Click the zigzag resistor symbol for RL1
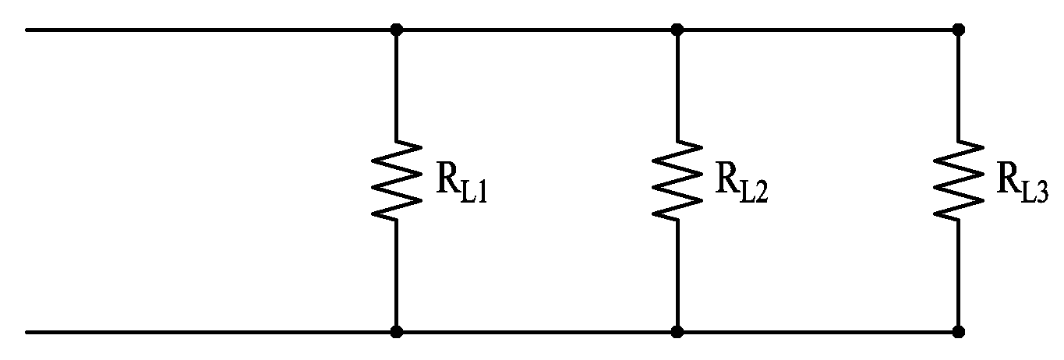click(397, 180)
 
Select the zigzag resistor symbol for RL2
click(677, 180)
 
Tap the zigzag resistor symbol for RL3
click(959, 180)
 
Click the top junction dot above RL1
click(397, 30)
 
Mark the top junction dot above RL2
click(677, 30)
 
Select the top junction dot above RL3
click(959, 30)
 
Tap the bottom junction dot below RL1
click(397, 331)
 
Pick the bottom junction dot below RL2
click(677, 331)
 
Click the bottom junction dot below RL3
click(959, 331)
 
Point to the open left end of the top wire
click(27, 30)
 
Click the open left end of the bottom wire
click(27, 332)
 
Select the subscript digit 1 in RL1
click(482, 193)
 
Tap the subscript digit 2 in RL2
click(761, 193)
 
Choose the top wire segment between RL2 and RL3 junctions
click(818, 30)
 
